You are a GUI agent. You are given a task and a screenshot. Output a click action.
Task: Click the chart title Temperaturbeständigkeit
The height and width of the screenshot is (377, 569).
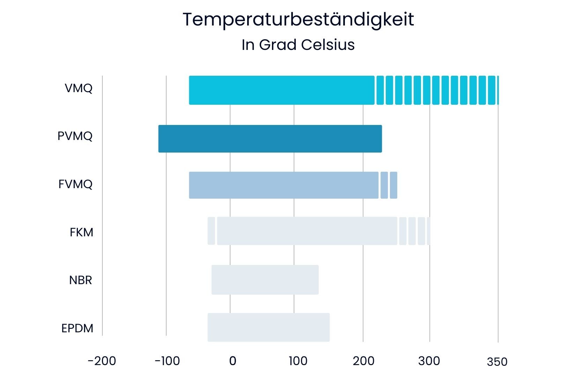coord(298,20)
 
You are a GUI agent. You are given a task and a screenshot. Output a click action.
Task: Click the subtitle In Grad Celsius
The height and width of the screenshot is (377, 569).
coord(298,45)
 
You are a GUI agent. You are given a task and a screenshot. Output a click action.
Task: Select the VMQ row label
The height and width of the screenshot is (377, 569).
coord(79,88)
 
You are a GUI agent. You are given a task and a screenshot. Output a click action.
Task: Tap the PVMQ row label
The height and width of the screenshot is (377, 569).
coord(75,136)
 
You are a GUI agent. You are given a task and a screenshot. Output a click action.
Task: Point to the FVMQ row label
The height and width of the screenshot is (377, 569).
coord(75,184)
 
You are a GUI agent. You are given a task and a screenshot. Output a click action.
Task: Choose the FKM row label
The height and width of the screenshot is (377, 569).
coord(81,232)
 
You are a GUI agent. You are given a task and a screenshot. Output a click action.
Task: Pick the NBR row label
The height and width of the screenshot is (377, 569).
coord(81,280)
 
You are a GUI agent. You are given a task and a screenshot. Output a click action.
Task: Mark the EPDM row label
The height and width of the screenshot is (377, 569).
coord(77,328)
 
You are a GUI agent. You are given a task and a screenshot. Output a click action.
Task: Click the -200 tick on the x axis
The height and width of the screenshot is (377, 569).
coord(102,361)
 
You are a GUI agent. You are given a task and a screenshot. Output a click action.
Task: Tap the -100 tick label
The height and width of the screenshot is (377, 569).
coord(167,361)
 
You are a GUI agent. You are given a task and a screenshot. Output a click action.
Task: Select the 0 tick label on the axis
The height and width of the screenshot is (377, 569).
coord(233,361)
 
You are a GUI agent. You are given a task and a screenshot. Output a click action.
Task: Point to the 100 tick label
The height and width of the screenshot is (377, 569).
coord(298,361)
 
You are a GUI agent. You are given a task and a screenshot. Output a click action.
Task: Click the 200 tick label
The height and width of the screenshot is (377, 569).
coord(363,361)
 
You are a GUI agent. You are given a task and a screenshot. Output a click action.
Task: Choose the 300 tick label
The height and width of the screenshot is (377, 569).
coord(429,361)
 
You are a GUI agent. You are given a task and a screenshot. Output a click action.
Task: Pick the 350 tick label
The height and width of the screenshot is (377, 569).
coord(497,362)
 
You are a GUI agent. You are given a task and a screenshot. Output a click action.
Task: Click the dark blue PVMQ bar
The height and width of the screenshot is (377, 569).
coord(270,139)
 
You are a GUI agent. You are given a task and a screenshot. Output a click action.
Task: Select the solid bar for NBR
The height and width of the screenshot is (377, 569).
coord(265,280)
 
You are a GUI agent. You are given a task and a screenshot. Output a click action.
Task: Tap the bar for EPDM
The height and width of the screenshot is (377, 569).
coord(268,327)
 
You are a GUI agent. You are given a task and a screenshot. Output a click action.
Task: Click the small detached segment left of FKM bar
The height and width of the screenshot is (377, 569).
coord(211,231)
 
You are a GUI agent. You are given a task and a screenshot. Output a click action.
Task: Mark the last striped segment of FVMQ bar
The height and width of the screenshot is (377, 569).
coord(393,185)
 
